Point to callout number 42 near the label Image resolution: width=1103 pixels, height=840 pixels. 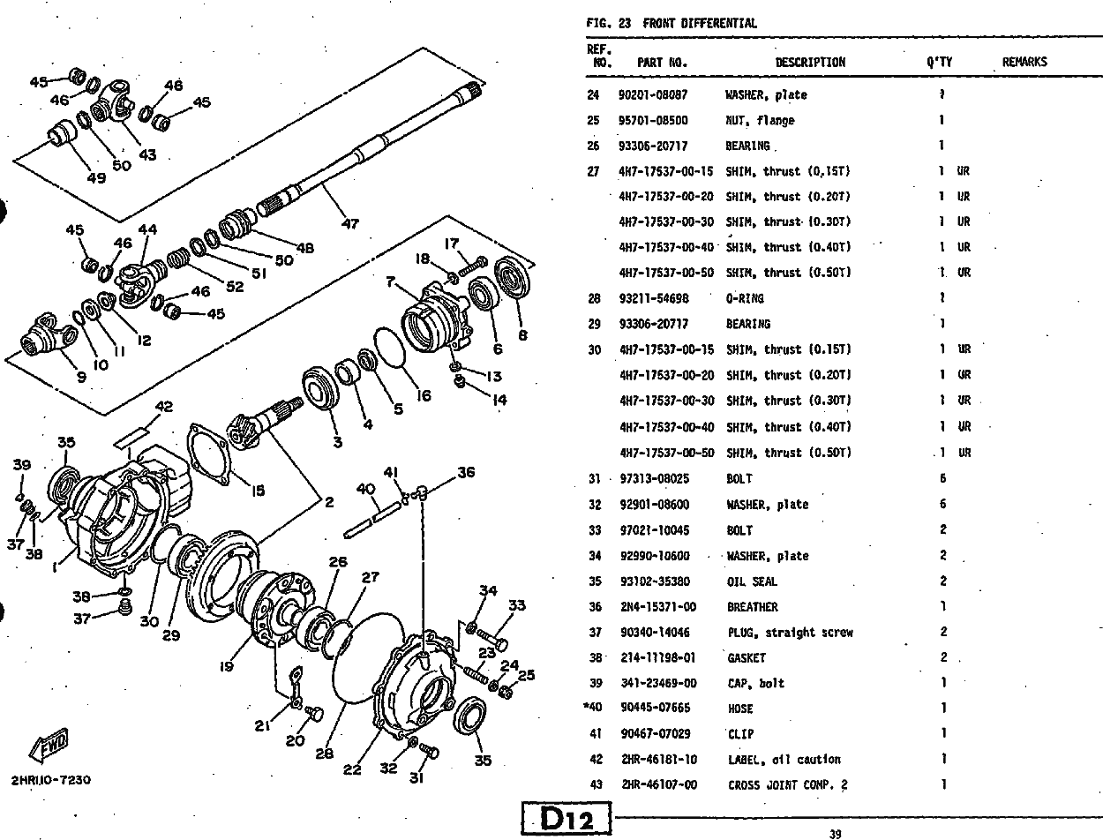coord(164,407)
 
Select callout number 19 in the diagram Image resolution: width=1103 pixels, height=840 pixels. coord(227,667)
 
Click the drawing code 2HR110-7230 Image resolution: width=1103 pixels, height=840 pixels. coord(51,781)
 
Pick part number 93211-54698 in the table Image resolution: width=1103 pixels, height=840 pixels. coord(654,298)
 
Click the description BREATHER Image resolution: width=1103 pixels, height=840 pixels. coord(752,607)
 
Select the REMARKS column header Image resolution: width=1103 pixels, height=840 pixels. coord(1024,62)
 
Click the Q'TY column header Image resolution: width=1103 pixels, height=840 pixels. coord(939,62)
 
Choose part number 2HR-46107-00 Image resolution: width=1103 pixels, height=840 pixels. coord(657,785)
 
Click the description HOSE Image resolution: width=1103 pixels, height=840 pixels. coord(740,709)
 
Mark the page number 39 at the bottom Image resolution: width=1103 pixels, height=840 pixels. coord(835,832)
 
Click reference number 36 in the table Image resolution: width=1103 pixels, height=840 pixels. coord(595,607)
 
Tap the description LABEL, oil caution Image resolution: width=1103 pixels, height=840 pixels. coord(784,760)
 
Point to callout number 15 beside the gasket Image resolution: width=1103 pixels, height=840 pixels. coord(257,491)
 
